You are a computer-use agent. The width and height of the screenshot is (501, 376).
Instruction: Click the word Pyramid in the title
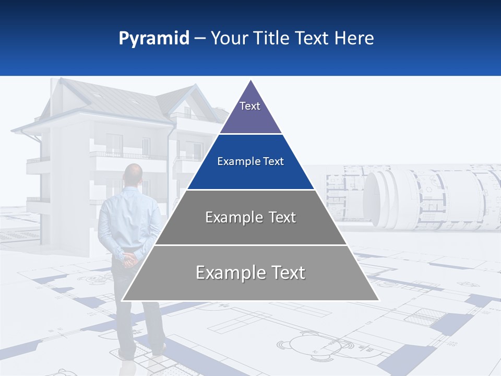154,39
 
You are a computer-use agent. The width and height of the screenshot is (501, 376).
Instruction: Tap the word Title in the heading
272,39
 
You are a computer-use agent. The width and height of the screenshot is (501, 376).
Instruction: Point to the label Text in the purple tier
250,106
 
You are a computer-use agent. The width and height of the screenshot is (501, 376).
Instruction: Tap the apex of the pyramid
251,82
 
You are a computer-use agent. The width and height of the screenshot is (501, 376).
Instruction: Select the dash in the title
200,39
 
